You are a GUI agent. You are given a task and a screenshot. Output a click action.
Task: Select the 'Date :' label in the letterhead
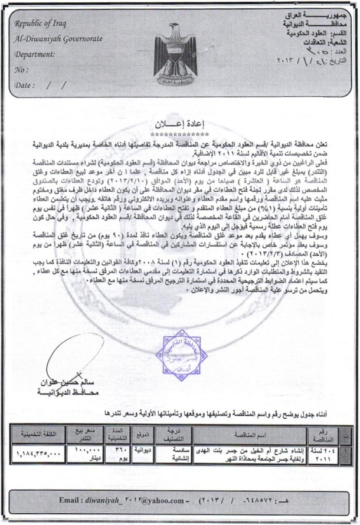[x=24, y=85]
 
